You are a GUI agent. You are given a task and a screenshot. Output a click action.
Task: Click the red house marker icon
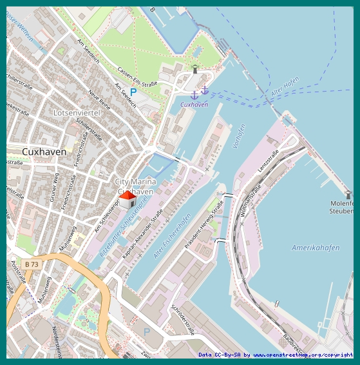[x=128, y=199]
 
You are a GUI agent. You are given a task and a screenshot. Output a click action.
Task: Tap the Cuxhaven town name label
[x=44, y=152]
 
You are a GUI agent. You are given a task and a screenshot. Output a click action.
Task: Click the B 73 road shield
[x=30, y=264]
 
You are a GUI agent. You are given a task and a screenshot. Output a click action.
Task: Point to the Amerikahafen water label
[x=315, y=248]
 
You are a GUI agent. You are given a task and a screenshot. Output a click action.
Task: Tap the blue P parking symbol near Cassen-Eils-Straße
[x=133, y=92]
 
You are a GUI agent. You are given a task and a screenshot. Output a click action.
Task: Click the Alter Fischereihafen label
[x=172, y=236]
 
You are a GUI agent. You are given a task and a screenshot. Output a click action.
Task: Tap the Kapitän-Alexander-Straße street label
[x=143, y=233]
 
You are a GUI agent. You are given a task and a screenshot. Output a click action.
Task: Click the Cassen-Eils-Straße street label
[x=138, y=77]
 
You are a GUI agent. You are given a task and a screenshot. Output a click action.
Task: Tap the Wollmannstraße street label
[x=250, y=201]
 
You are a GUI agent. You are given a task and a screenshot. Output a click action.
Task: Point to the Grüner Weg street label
[x=54, y=187]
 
